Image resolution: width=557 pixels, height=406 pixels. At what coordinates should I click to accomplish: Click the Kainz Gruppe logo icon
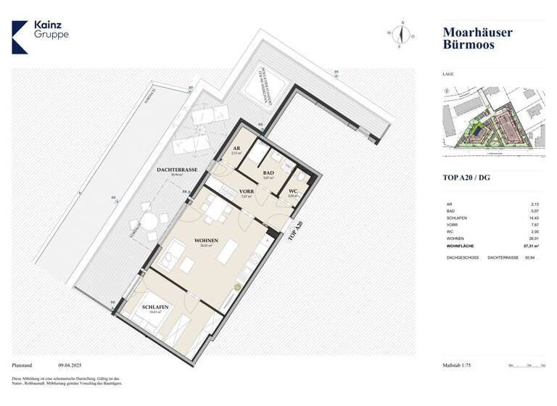tap(20, 37)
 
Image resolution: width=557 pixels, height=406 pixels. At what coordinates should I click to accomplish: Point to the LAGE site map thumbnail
tap(493, 120)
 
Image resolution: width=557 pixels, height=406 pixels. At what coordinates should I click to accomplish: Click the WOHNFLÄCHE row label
tap(463, 246)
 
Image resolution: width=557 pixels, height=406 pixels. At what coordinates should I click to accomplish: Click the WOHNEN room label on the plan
tap(207, 239)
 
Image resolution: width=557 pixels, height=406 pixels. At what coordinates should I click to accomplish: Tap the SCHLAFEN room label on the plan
tap(156, 307)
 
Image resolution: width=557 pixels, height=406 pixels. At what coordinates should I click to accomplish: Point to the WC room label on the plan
tap(292, 190)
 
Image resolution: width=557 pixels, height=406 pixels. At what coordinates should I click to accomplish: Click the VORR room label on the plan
tap(245, 191)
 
